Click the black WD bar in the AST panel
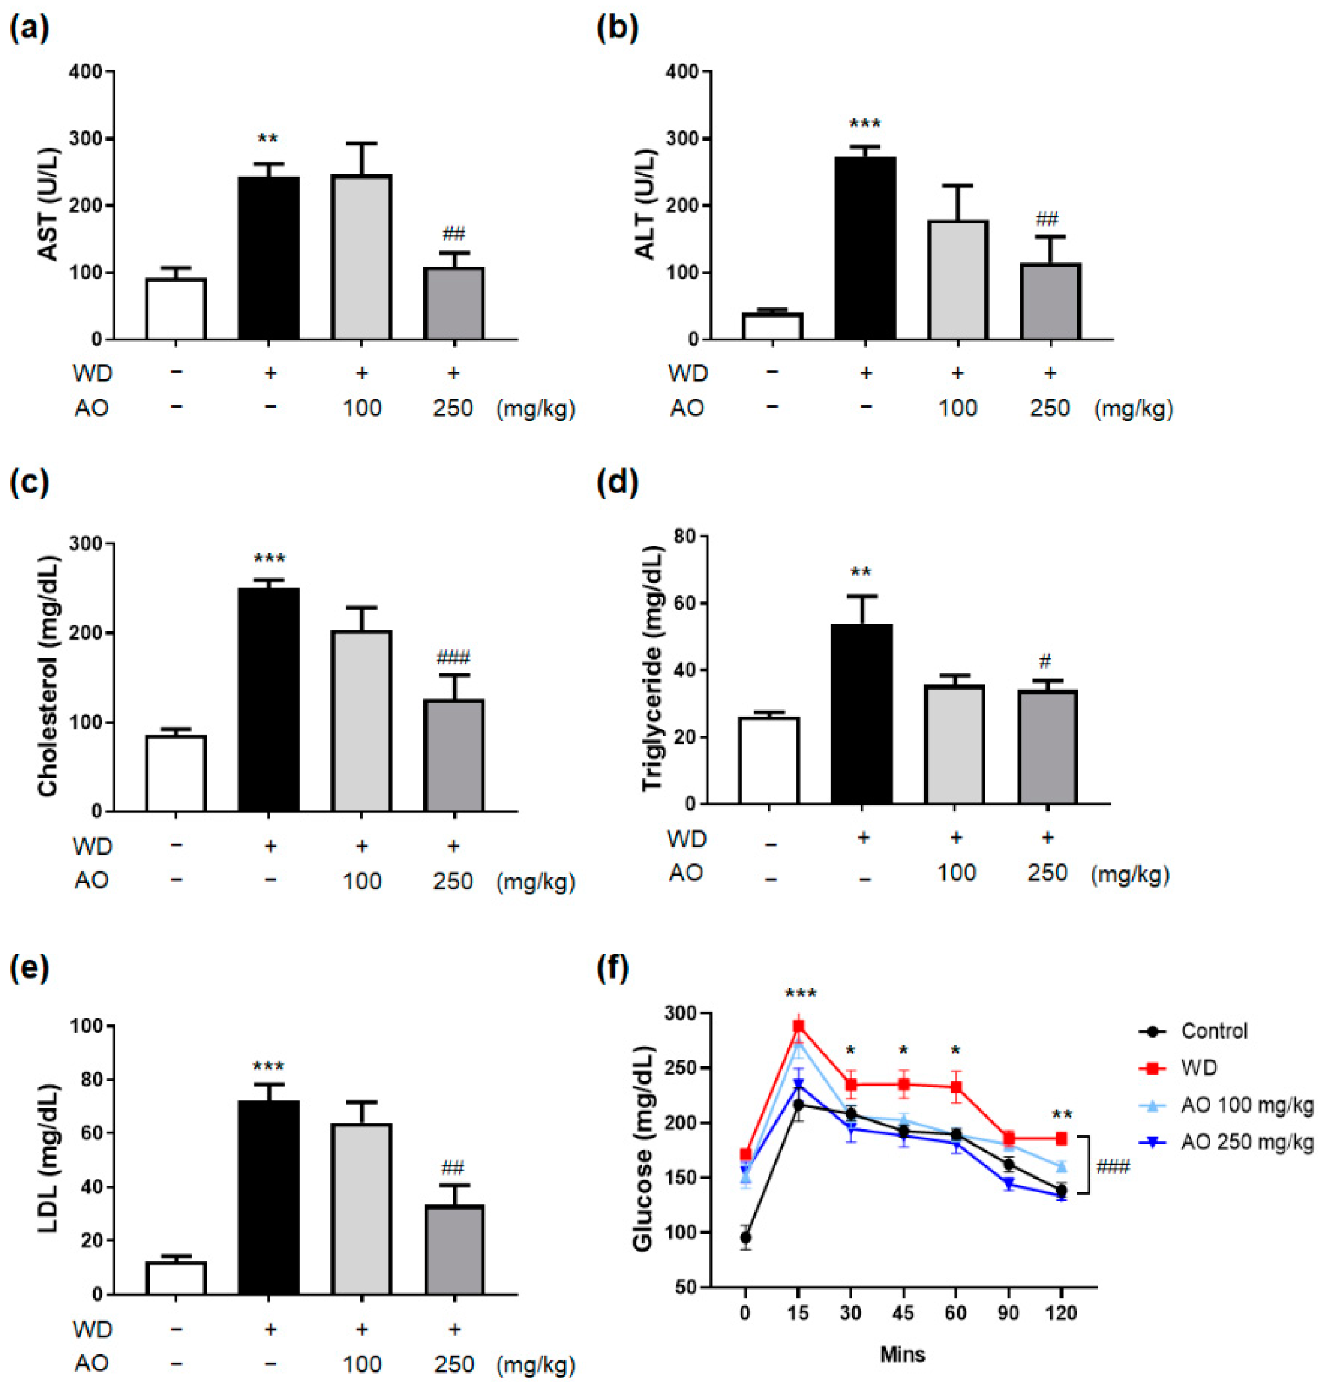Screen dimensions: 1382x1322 pyautogui.click(x=268, y=258)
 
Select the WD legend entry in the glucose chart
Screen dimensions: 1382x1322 pyautogui.click(x=1198, y=1069)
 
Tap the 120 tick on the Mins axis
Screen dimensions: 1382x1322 pyautogui.click(x=1061, y=1313)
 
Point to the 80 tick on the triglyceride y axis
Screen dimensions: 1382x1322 pyautogui.click(x=681, y=536)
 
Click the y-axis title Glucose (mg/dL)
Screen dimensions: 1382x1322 pyautogui.click(x=643, y=1149)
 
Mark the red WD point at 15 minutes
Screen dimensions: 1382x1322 pyautogui.click(x=798, y=1026)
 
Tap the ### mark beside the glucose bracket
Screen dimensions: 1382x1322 pyautogui.click(x=1112, y=1168)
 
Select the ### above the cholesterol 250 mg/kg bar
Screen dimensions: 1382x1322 pyautogui.click(x=453, y=658)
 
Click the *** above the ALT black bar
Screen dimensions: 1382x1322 pyautogui.click(x=864, y=125)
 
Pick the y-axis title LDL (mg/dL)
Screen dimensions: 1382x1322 pyautogui.click(x=48, y=1159)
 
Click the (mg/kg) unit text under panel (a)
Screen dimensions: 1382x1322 pyautogui.click(x=536, y=408)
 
